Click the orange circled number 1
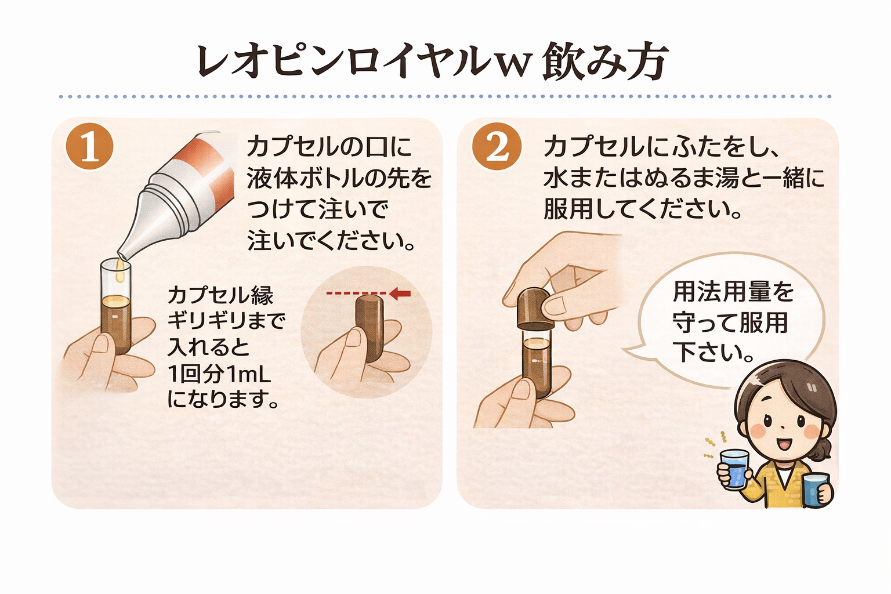point(89,146)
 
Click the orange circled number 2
point(497,146)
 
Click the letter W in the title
point(512,65)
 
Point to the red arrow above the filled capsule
point(400,294)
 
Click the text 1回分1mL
point(219,374)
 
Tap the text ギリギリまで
point(227,320)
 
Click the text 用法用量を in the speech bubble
point(733,292)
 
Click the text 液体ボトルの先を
point(339,178)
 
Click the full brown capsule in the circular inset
point(369,328)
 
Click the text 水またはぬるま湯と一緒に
point(683,178)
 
